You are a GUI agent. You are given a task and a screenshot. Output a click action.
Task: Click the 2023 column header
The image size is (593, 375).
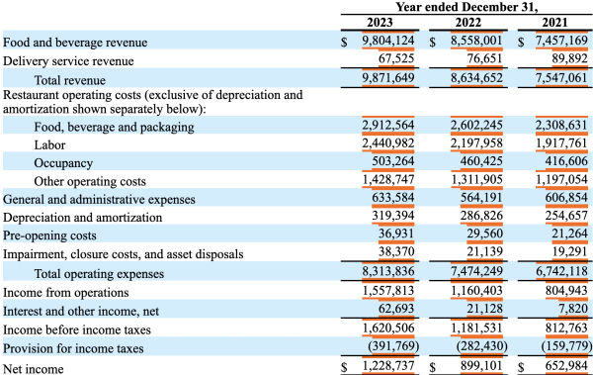(x=380, y=23)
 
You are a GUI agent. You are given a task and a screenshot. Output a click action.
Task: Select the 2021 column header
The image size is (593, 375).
(x=554, y=23)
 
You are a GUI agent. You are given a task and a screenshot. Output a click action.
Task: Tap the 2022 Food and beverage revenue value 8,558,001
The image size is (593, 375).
(x=477, y=41)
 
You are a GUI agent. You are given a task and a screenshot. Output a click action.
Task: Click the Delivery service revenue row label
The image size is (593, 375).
(x=68, y=61)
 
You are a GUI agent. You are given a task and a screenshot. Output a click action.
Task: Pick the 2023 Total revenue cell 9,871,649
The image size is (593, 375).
(x=388, y=77)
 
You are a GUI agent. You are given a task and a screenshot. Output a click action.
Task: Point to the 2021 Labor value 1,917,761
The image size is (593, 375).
(x=561, y=142)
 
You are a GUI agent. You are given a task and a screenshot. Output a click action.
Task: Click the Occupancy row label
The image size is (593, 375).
(x=63, y=163)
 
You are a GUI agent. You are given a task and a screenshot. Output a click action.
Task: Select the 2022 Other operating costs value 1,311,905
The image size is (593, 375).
(x=477, y=179)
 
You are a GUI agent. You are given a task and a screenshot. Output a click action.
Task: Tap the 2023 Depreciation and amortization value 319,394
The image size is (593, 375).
(x=393, y=216)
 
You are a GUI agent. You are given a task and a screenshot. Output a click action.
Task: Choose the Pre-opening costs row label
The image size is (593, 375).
(x=49, y=235)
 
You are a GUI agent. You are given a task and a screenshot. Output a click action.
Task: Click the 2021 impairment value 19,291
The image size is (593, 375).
(x=569, y=251)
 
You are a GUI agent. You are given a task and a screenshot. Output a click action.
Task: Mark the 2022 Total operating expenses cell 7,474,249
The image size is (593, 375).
(x=477, y=271)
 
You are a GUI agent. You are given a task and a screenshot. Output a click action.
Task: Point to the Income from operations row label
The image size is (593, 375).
(x=66, y=293)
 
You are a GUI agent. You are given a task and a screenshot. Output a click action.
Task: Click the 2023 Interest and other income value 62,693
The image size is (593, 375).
(x=396, y=309)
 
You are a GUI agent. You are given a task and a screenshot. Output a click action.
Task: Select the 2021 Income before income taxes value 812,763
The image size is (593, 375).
(x=566, y=328)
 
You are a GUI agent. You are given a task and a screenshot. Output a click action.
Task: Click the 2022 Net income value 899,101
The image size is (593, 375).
(x=481, y=366)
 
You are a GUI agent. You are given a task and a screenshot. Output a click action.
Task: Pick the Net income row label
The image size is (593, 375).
(x=34, y=368)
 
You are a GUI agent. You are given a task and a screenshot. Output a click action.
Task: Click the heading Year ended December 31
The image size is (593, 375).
(x=466, y=7)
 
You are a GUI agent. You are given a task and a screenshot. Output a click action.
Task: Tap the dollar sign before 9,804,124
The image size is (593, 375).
(x=344, y=42)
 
